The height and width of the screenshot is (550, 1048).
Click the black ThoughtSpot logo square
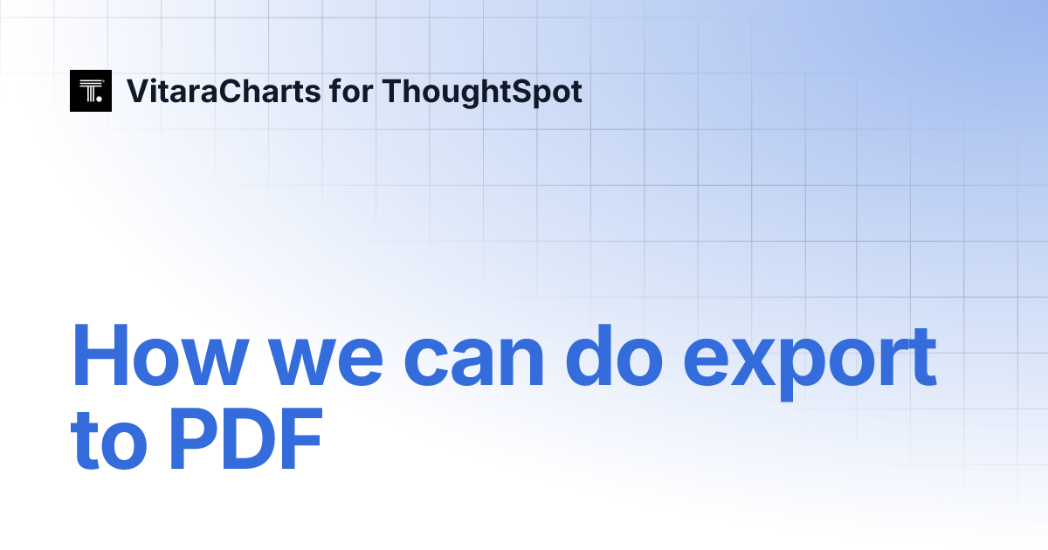[91, 91]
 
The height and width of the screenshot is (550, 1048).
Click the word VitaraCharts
[224, 91]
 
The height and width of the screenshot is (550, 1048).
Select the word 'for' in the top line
[350, 91]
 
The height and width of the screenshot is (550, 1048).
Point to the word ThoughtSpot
[482, 92]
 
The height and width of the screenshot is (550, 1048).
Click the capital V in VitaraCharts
[137, 91]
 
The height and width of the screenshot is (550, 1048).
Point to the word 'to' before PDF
[110, 443]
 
